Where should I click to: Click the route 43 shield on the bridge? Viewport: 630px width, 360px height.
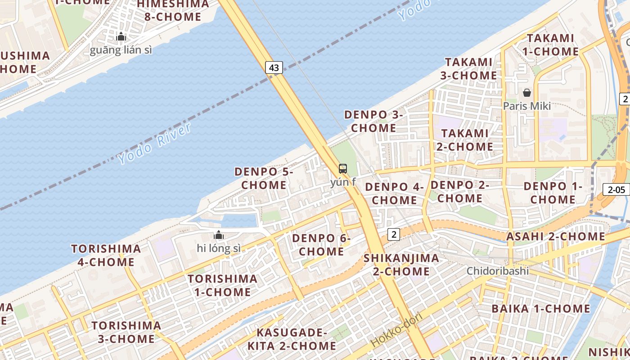point(274,68)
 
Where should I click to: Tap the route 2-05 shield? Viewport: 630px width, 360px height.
point(616,189)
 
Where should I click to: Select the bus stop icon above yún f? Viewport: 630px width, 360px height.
point(343,169)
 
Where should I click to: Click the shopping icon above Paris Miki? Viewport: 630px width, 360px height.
point(527,93)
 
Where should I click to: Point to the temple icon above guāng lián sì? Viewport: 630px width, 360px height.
point(121,37)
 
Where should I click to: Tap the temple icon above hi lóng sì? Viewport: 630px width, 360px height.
point(219,235)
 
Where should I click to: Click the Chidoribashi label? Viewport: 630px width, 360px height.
point(497,271)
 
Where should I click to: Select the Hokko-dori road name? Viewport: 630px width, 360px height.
point(396,329)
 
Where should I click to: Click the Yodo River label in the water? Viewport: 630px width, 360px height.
point(154,143)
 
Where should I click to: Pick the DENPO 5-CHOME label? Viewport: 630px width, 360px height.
point(264,178)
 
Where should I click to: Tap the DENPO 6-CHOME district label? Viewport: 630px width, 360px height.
point(321,245)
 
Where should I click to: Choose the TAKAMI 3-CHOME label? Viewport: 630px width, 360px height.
point(468,68)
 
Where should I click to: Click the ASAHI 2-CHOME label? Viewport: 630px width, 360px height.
point(556,236)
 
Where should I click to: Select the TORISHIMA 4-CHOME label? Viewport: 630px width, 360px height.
point(106,255)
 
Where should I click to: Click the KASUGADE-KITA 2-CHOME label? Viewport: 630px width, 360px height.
point(292,339)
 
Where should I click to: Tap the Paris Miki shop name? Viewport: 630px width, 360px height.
point(526,106)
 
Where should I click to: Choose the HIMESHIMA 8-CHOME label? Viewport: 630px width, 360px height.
point(173,11)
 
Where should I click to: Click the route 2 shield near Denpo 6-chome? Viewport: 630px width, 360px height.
point(394,234)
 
